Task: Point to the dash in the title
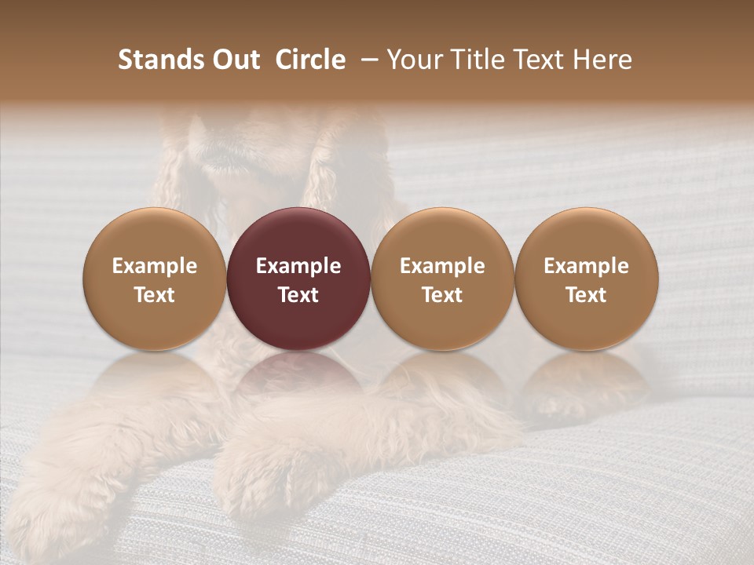pos(370,59)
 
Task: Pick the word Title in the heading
pos(478,60)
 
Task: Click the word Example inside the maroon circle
pos(298,266)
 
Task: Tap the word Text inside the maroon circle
pos(298,295)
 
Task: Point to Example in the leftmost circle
pos(155,266)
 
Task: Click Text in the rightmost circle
pos(586,295)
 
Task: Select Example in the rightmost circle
pos(586,266)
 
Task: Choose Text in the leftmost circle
pos(155,295)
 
